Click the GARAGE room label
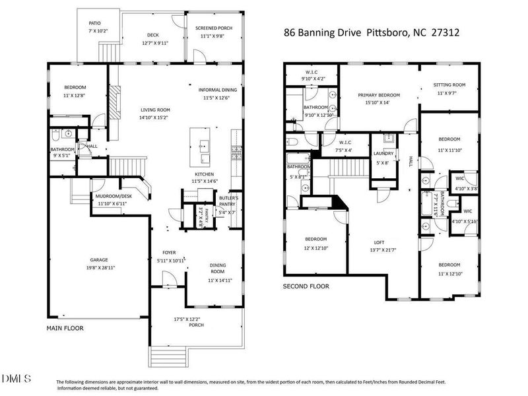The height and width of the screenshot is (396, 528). point(99,260)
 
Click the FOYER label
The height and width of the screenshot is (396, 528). point(169,253)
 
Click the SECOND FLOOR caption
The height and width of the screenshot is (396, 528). point(306,286)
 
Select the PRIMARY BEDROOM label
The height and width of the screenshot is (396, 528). point(379,95)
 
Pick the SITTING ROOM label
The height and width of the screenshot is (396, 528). point(449,85)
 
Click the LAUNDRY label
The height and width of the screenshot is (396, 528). point(383,154)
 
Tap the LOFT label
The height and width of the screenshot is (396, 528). point(379,242)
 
